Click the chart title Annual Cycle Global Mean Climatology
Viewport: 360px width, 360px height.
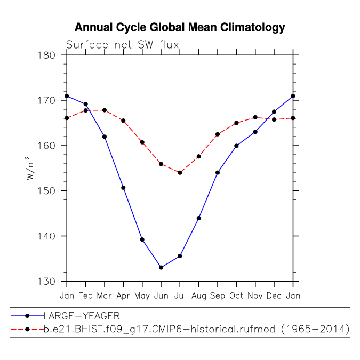click(180, 27)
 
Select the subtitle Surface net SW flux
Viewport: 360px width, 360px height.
click(122, 45)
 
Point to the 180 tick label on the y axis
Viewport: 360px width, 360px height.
click(51, 55)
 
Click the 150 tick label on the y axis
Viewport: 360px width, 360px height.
click(51, 191)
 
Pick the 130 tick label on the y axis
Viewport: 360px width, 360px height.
click(51, 281)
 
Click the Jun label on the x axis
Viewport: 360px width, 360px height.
click(161, 295)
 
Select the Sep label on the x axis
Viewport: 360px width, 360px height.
click(217, 295)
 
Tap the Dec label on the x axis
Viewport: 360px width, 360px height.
click(274, 295)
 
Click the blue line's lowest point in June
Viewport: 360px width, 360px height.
click(161, 268)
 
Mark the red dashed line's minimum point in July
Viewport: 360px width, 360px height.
click(180, 173)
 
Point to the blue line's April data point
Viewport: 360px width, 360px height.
click(123, 188)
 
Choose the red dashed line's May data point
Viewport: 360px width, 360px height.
click(142, 142)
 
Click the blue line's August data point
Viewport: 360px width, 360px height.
click(198, 218)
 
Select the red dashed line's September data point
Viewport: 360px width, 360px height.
click(217, 134)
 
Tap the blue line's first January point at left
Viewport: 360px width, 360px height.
click(67, 96)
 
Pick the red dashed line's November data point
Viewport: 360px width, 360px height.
click(255, 117)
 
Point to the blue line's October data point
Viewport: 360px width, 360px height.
click(236, 146)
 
